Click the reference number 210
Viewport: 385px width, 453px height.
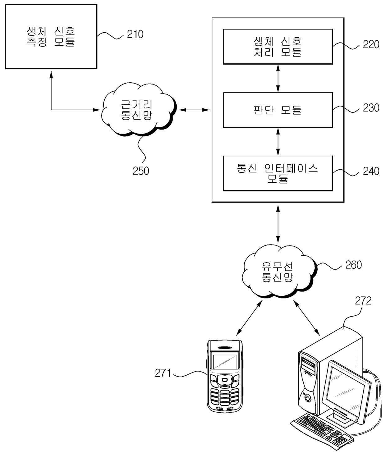point(135,34)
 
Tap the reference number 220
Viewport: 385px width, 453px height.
point(371,44)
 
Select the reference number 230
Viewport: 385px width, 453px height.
point(371,108)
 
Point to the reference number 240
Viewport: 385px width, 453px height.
point(371,171)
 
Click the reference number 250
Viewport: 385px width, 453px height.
point(141,171)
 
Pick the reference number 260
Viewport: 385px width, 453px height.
point(353,265)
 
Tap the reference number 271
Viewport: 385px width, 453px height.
point(163,373)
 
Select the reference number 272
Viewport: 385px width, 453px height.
point(363,301)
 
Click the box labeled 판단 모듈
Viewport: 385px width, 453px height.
point(278,110)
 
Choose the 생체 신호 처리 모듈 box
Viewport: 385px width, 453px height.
point(278,47)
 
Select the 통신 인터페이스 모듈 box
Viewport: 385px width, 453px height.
point(278,173)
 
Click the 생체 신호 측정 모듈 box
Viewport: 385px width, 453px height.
point(51,36)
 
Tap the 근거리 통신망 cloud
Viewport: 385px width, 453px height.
point(139,110)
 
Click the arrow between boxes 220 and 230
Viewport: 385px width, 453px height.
point(278,78)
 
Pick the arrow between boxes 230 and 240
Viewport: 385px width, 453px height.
point(278,142)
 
